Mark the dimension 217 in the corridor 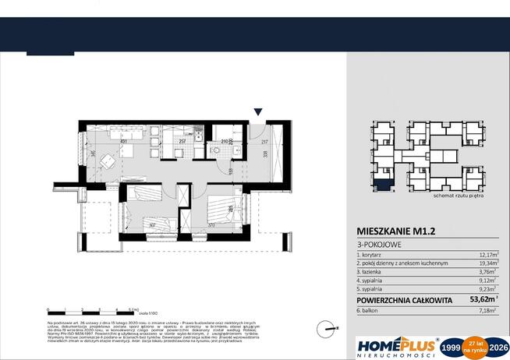tap(264, 141)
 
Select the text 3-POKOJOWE tap(379, 245)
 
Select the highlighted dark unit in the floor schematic tap(384, 185)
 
